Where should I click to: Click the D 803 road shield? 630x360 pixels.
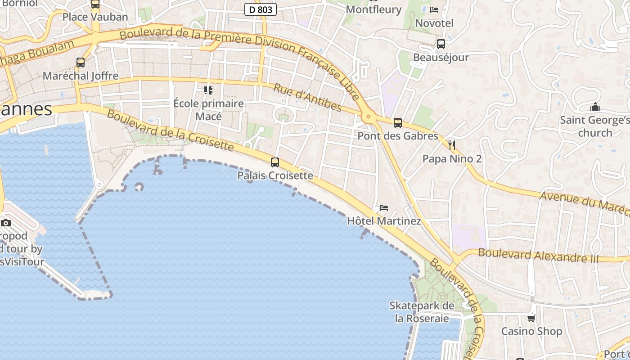tap(261, 9)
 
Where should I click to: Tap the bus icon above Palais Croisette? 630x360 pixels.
tap(274, 162)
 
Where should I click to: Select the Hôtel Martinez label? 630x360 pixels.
tap(384, 221)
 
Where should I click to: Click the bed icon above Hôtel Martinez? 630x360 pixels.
tap(383, 207)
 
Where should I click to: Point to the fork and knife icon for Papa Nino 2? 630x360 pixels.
tap(452, 145)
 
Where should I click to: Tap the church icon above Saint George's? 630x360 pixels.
tap(595, 107)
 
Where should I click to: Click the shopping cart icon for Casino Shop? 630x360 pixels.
tap(531, 318)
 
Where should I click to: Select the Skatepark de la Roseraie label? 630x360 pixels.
tap(422, 312)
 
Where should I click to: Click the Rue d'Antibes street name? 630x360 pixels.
tap(307, 97)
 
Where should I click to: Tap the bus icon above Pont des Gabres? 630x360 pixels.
tap(397, 122)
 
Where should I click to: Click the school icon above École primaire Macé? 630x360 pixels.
tap(208, 90)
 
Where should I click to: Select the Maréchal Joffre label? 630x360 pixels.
tap(81, 76)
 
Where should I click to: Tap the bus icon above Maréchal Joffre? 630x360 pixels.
tap(81, 63)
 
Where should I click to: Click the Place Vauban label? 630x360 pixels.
tap(95, 17)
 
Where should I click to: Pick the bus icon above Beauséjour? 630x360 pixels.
tap(441, 44)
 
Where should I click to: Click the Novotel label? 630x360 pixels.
tap(434, 23)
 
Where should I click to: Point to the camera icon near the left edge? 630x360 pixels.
tap(6, 223)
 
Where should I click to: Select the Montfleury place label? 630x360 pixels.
tap(373, 9)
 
